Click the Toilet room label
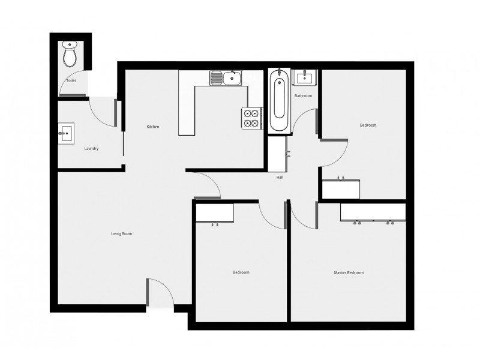click(x=71, y=80)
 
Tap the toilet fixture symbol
click(x=70, y=54)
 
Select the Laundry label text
click(x=91, y=148)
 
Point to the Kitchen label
click(x=153, y=127)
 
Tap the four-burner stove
click(x=251, y=118)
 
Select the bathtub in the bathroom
click(x=278, y=100)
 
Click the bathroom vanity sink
click(x=304, y=77)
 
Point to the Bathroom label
click(x=303, y=96)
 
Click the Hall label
click(x=280, y=178)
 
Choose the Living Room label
click(x=121, y=233)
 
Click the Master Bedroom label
click(x=349, y=272)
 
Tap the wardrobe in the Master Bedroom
click(x=373, y=212)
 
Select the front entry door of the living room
click(x=160, y=294)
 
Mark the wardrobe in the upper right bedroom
click(x=341, y=189)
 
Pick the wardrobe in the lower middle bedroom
click(x=215, y=213)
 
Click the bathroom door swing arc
click(x=305, y=124)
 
